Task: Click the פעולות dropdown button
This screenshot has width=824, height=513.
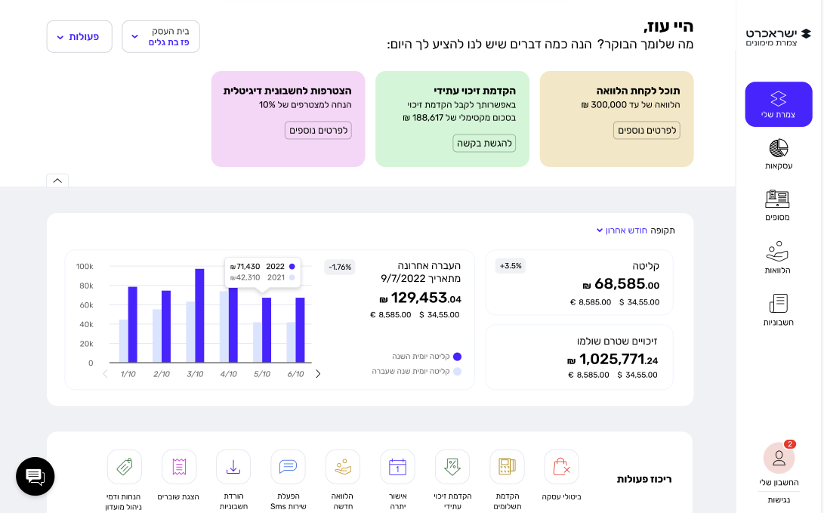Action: pyautogui.click(x=79, y=36)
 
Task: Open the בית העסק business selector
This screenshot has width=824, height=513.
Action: pyautogui.click(x=161, y=36)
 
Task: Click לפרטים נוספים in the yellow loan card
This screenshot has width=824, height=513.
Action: pyautogui.click(x=647, y=130)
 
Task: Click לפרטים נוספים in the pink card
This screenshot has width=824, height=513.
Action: pyautogui.click(x=318, y=130)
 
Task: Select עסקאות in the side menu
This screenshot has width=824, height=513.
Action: pyautogui.click(x=779, y=154)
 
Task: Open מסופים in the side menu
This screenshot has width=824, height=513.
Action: pyautogui.click(x=777, y=206)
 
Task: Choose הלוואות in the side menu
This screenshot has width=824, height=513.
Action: pyautogui.click(x=777, y=258)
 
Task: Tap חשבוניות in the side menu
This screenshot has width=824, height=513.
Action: pyautogui.click(x=778, y=310)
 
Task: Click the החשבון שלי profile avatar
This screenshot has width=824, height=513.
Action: pyautogui.click(x=779, y=458)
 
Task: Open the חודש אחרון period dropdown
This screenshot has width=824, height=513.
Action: pyautogui.click(x=622, y=230)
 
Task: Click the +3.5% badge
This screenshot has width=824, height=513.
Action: pyautogui.click(x=510, y=266)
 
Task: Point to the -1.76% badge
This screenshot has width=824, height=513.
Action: pyautogui.click(x=340, y=267)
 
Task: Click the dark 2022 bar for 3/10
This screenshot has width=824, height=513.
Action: pyautogui.click(x=199, y=316)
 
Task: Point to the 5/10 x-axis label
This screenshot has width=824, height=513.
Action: pyautogui.click(x=262, y=374)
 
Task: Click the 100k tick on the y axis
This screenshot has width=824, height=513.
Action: pyautogui.click(x=85, y=267)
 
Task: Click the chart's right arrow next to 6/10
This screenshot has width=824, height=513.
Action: pyautogui.click(x=318, y=374)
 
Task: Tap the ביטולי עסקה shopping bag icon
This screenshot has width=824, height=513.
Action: pyautogui.click(x=561, y=467)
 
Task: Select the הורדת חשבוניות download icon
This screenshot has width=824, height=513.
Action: pyautogui.click(x=233, y=467)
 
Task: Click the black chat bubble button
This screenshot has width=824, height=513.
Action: pyautogui.click(x=35, y=476)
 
